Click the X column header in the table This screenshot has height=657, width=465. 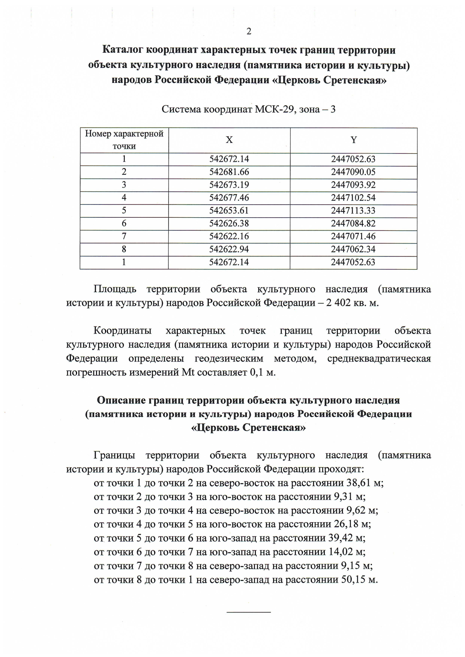click(x=229, y=140)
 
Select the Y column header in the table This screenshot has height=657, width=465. click(x=353, y=140)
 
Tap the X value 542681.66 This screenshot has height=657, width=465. click(x=229, y=172)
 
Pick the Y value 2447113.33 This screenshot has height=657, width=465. click(x=353, y=211)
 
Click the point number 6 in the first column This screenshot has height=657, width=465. click(x=124, y=224)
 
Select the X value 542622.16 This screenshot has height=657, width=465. click(x=229, y=236)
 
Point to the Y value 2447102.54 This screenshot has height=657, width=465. click(x=353, y=198)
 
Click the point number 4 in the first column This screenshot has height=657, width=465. click(x=124, y=198)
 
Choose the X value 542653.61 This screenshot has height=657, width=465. click(x=229, y=211)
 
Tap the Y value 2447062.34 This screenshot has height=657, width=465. click(x=353, y=249)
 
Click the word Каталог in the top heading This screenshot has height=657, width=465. click(x=123, y=50)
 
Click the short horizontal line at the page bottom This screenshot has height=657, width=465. click(x=248, y=612)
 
